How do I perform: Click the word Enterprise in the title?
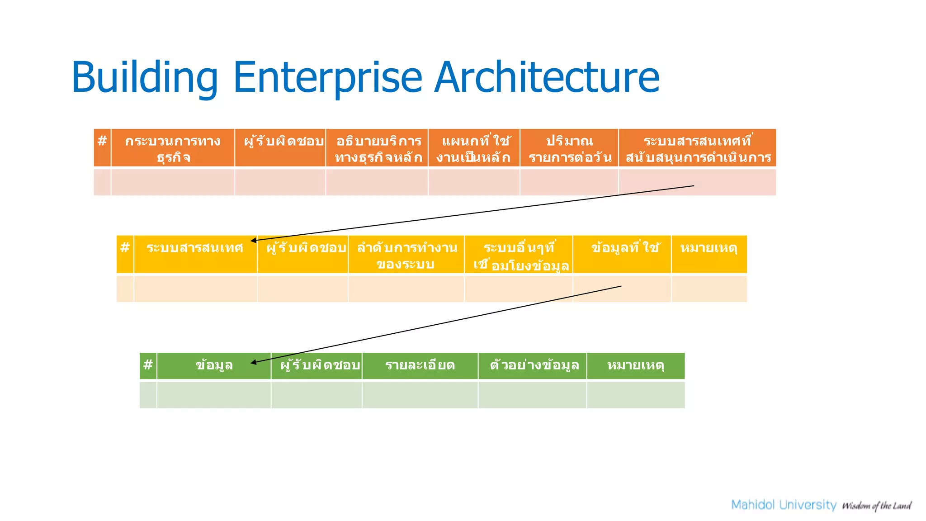327,78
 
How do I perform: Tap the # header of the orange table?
102,141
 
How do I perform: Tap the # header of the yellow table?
125,248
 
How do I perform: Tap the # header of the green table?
148,365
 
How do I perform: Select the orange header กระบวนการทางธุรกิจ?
173,148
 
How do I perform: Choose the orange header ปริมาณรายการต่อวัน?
569,148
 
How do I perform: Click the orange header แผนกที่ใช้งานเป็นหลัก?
474,148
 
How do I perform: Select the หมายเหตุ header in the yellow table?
709,248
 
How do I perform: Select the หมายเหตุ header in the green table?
635,365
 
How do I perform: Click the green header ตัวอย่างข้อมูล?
534,365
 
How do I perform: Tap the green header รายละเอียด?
420,365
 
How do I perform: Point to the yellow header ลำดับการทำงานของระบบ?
406,255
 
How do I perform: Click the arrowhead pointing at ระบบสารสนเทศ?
254,241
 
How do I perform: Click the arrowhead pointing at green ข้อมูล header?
254,362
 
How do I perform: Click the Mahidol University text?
784,505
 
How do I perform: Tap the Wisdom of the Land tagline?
876,506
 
